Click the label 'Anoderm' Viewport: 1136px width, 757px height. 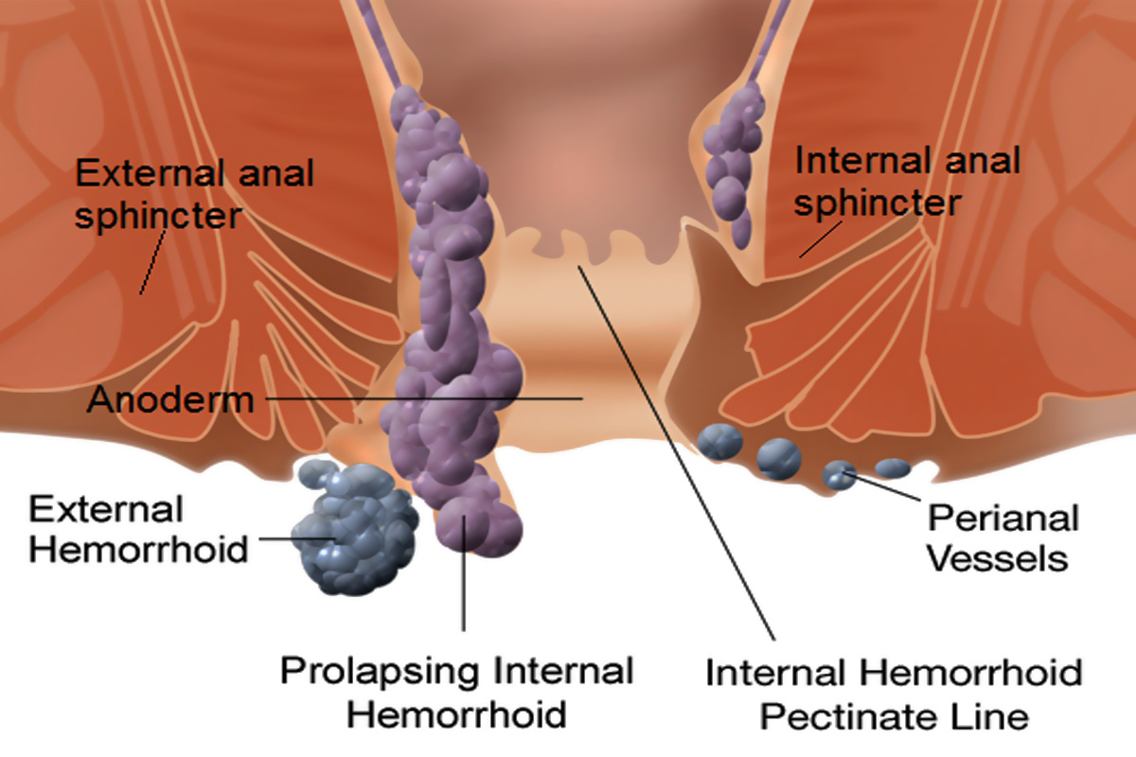pyautogui.click(x=170, y=400)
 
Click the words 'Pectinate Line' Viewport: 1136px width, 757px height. pyautogui.click(x=894, y=716)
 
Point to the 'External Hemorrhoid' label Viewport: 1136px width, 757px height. pyautogui.click(x=137, y=529)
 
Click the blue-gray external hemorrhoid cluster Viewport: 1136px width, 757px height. pyautogui.click(x=355, y=525)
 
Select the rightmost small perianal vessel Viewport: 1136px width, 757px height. pyautogui.click(x=892, y=467)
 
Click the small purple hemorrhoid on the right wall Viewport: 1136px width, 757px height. pyautogui.click(x=730, y=161)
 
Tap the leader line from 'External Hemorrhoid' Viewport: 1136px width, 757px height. pyautogui.click(x=284, y=539)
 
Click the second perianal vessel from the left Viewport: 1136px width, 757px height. pyautogui.click(x=779, y=457)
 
